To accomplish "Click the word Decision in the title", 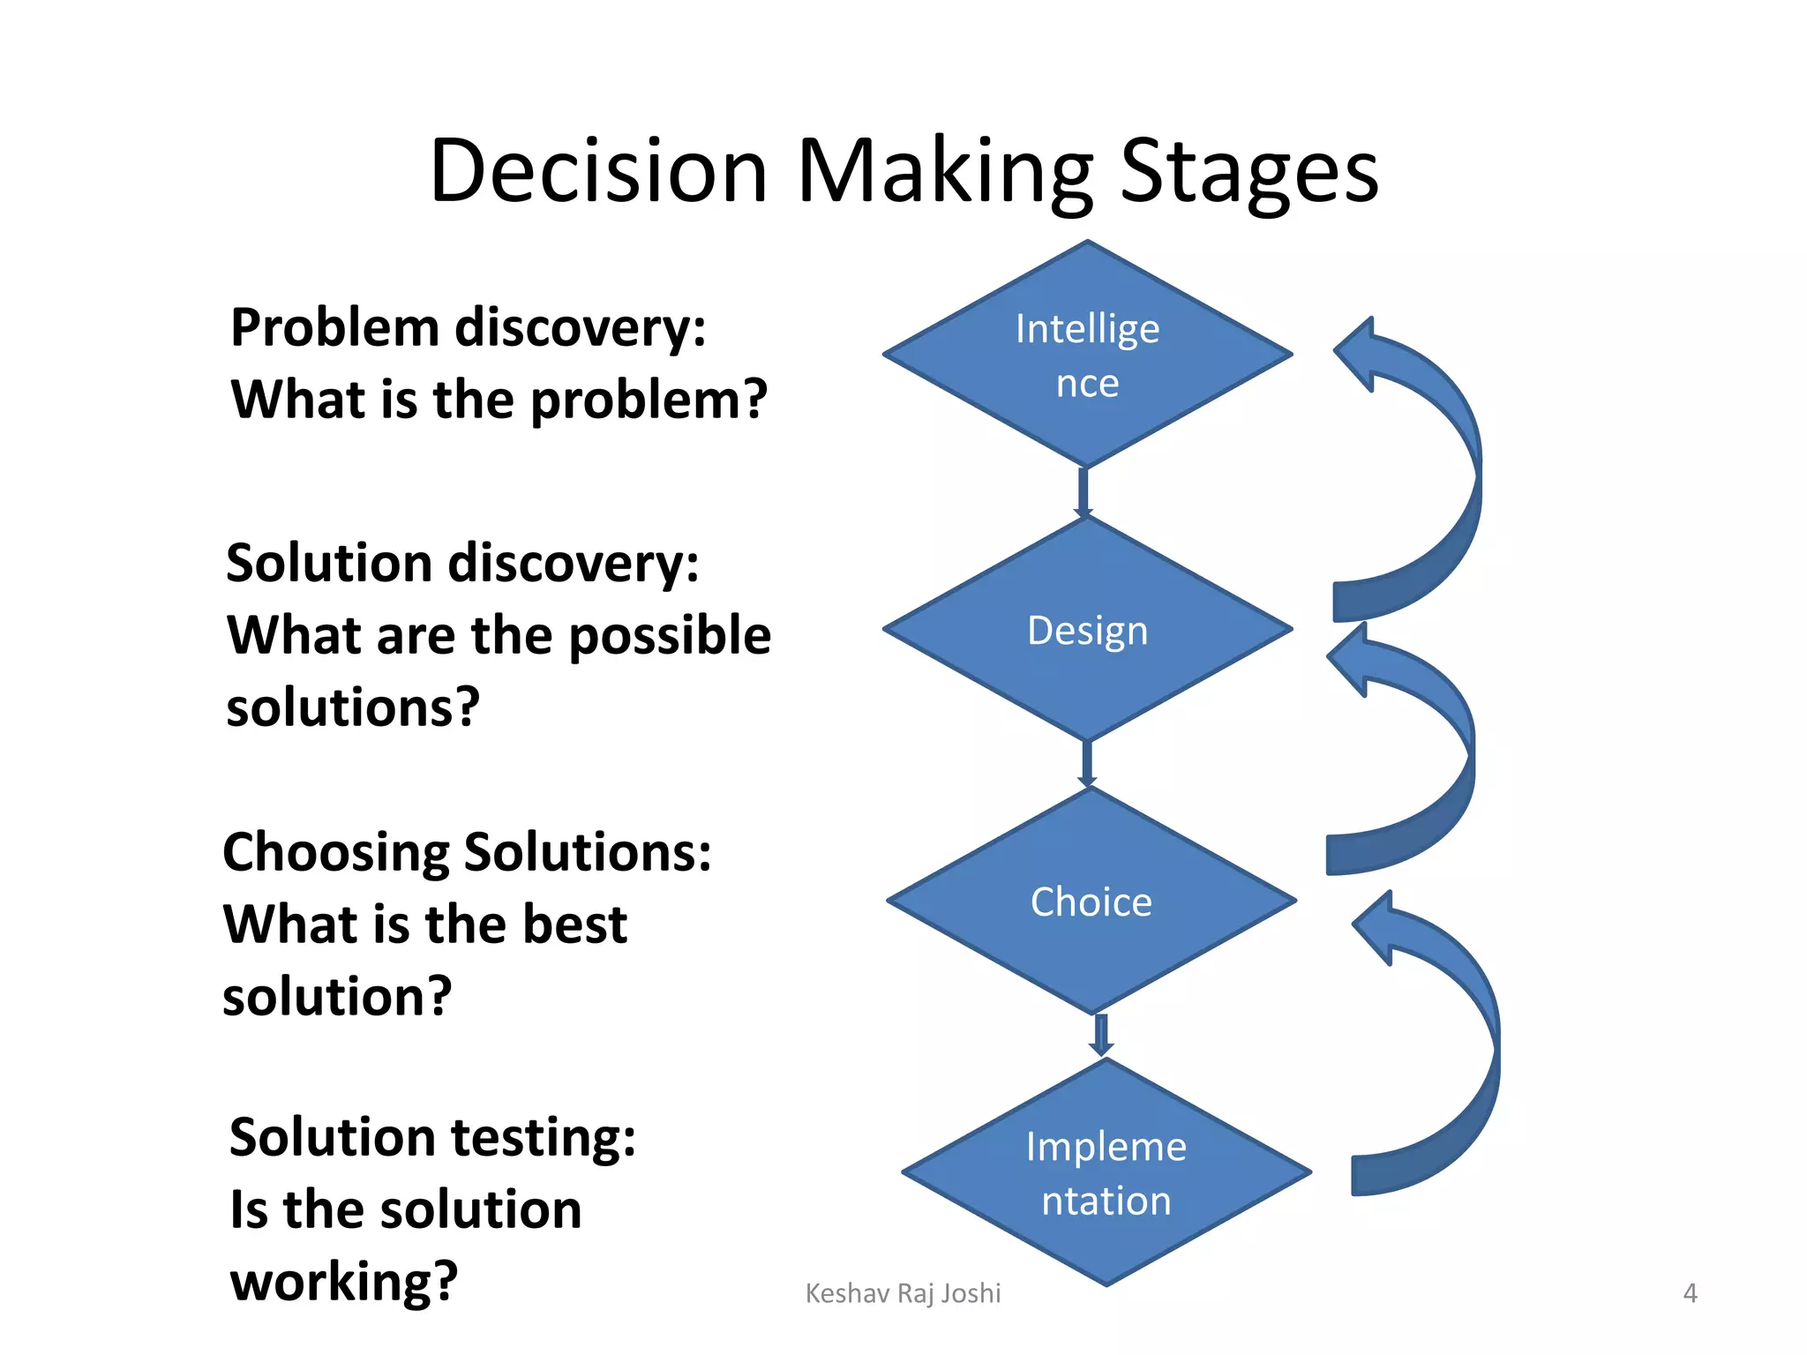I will [597, 171].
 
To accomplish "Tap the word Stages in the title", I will [1248, 171].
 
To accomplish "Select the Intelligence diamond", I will [1087, 355].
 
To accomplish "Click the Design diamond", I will [1087, 630].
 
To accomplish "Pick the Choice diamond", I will [1091, 901].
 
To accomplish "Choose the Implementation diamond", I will [1106, 1172].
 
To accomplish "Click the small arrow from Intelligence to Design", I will [1083, 492].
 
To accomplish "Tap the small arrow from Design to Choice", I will [1087, 764].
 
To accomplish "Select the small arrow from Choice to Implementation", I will [1100, 1036].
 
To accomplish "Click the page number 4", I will [1690, 1293].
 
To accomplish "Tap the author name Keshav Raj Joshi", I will [903, 1293].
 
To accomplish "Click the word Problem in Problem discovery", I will [334, 328].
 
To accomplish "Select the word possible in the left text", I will [670, 636].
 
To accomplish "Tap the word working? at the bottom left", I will [344, 1282].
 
